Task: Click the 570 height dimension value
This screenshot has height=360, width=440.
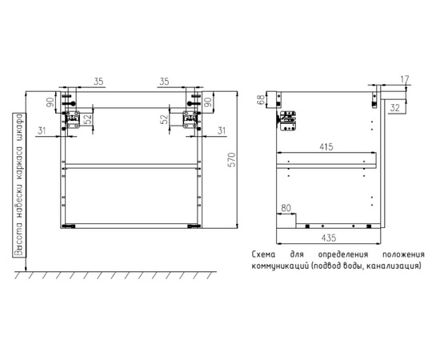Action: tap(232, 160)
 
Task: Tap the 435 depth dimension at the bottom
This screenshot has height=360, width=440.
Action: tap(328, 238)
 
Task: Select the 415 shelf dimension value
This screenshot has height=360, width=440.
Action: tap(326, 146)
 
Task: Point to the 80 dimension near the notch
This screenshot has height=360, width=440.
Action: tap(286, 208)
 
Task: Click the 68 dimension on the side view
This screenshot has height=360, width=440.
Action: tap(261, 100)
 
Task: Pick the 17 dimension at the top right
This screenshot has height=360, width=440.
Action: tap(404, 79)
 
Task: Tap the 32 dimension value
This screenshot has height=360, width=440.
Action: tap(394, 108)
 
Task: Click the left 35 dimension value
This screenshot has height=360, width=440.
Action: tap(98, 82)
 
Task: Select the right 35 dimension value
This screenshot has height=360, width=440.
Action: tap(165, 82)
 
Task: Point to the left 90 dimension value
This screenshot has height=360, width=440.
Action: tap(50, 102)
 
